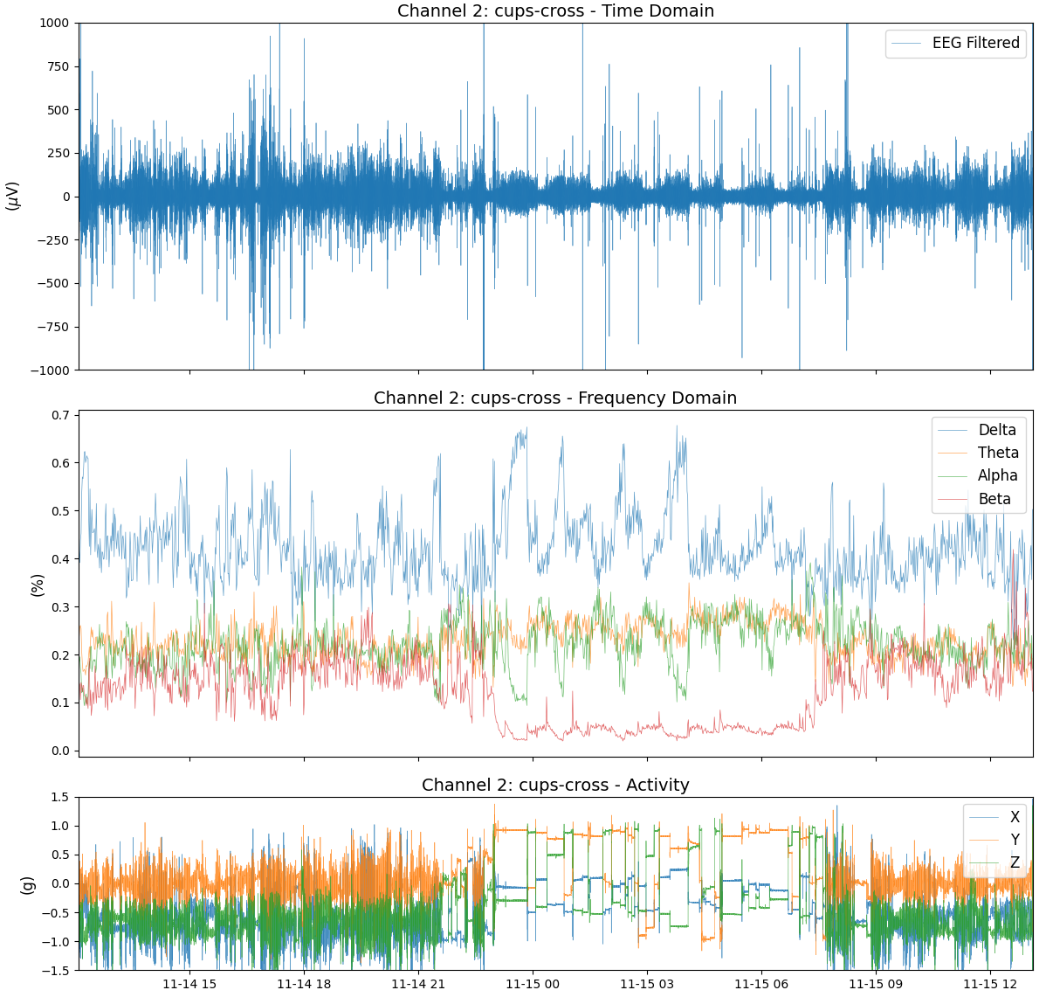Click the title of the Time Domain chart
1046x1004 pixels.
pyautogui.click(x=555, y=11)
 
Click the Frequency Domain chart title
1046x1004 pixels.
pyautogui.click(x=555, y=398)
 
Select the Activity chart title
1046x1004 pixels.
pyautogui.click(x=555, y=786)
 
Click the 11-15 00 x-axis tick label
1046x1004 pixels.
pyautogui.click(x=533, y=984)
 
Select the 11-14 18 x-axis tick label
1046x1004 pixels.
pyautogui.click(x=304, y=984)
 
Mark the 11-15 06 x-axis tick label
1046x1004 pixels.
pyautogui.click(x=761, y=984)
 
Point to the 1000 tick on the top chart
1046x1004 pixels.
pyautogui.click(x=54, y=24)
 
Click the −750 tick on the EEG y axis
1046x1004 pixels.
pyautogui.click(x=52, y=327)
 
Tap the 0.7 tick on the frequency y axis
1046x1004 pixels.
pyautogui.click(x=59, y=415)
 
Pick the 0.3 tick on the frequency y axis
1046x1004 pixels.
pyautogui.click(x=59, y=607)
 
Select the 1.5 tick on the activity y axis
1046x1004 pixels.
pyautogui.click(x=59, y=797)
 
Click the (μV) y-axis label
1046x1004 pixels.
pyautogui.click(x=12, y=196)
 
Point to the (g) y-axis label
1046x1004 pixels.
pyautogui.click(x=26, y=884)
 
